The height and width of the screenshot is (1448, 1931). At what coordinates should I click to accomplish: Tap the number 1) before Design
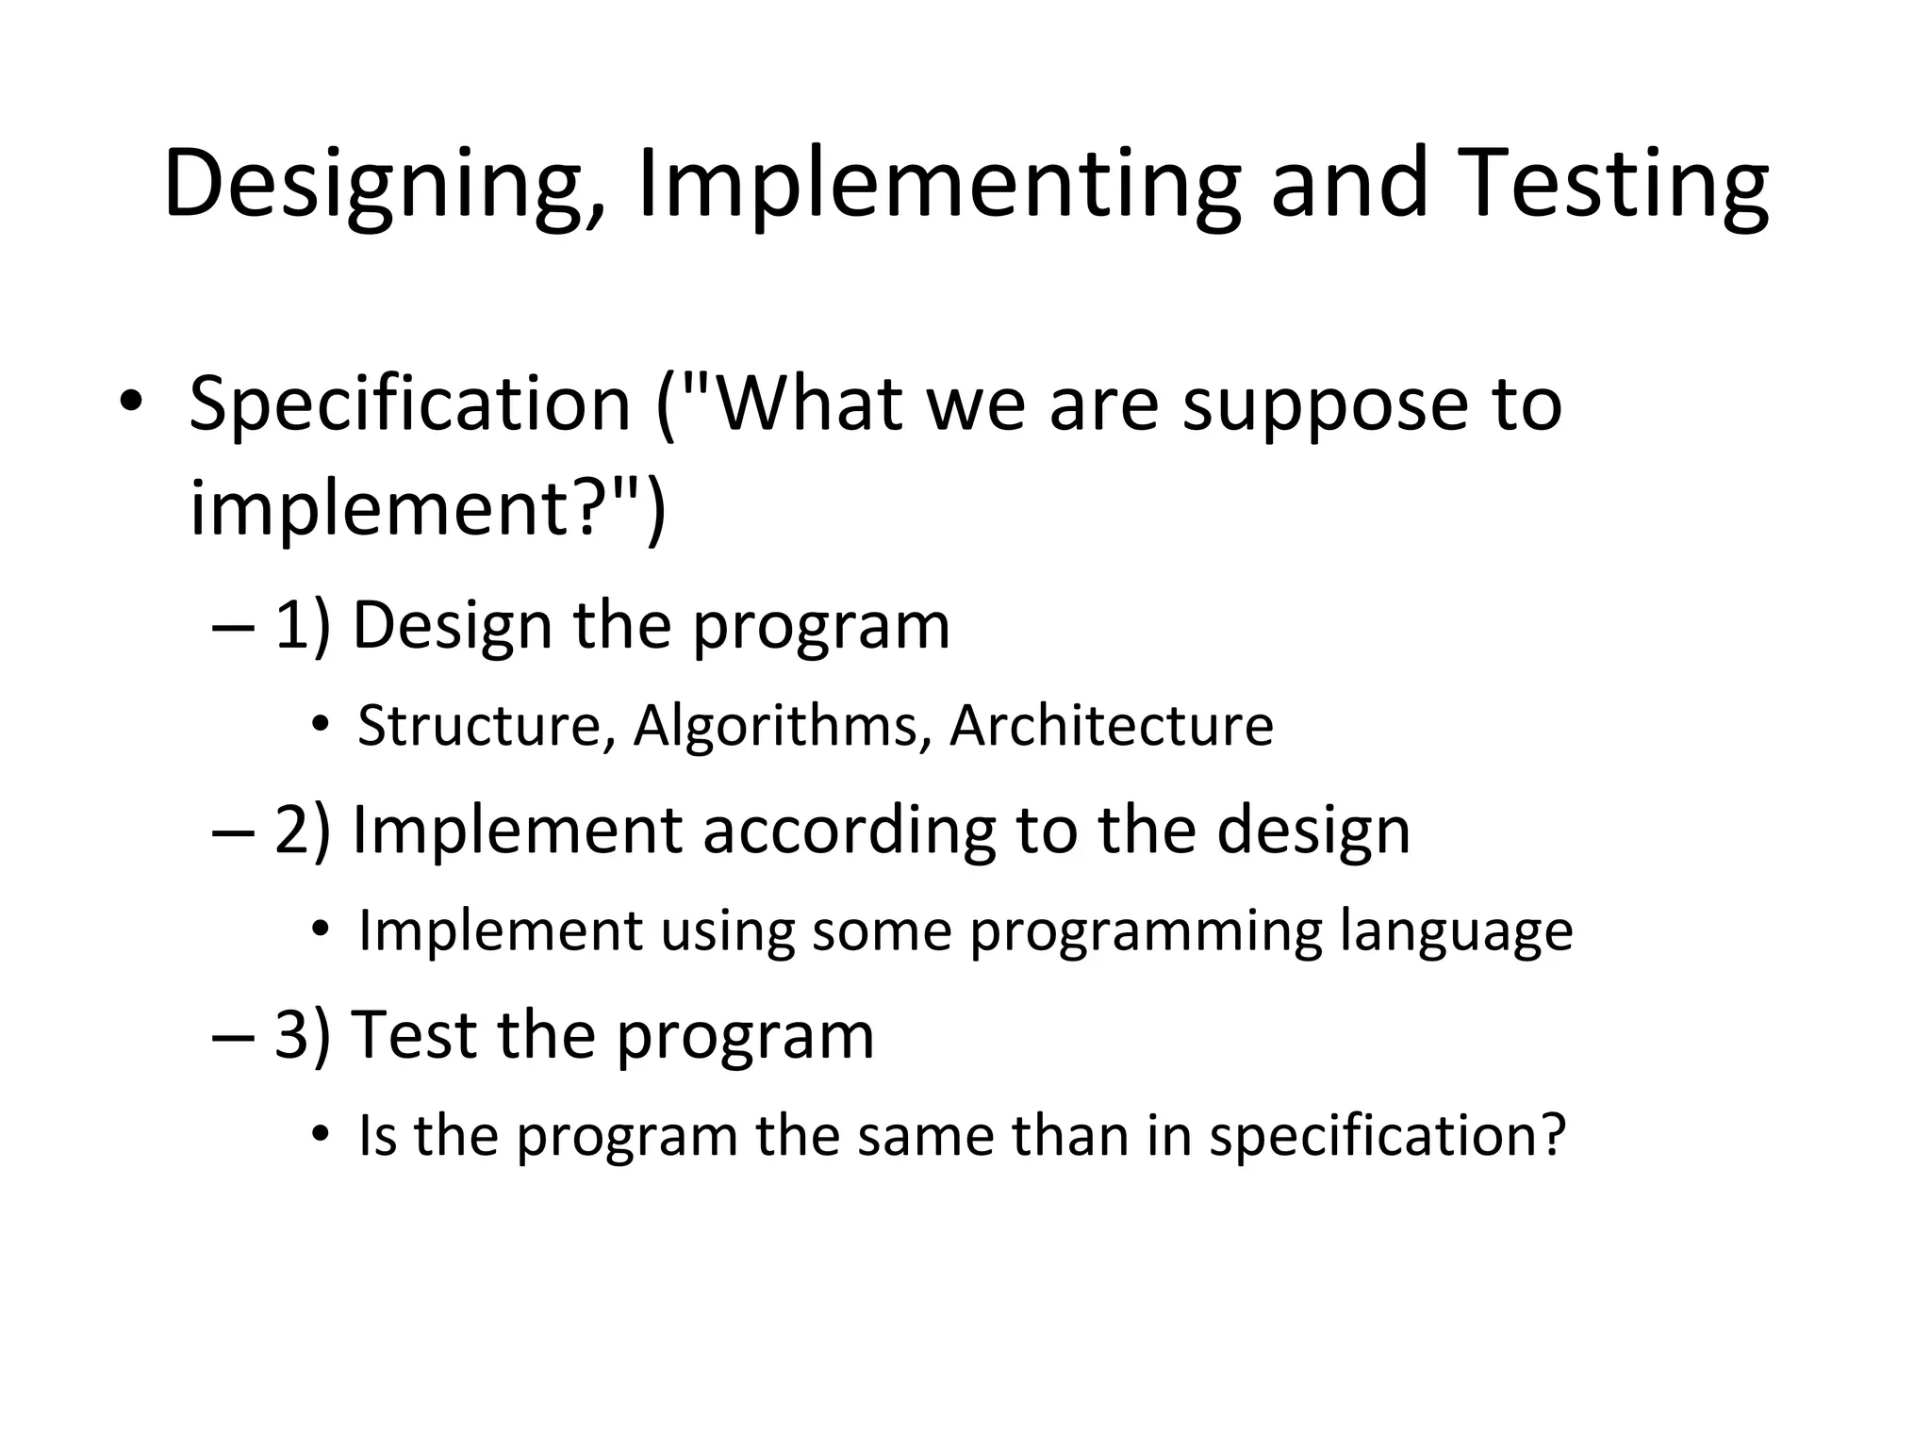click(303, 625)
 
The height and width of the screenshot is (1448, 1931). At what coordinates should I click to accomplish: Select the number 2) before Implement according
click(303, 830)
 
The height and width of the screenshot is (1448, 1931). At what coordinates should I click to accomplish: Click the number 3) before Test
click(303, 1034)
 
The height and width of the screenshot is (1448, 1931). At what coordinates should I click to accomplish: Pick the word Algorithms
click(777, 727)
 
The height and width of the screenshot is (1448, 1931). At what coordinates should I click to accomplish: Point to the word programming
click(1146, 932)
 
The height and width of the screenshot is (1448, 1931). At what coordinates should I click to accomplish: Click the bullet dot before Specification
click(131, 403)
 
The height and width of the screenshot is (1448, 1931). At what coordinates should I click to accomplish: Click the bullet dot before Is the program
click(321, 1135)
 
